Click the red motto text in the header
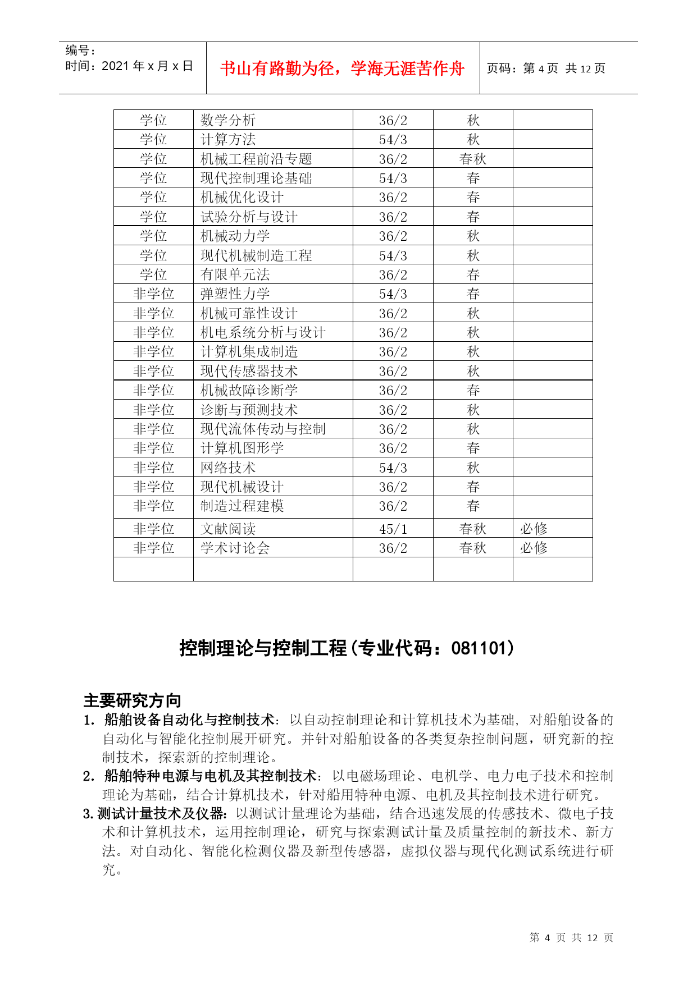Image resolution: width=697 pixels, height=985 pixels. [342, 68]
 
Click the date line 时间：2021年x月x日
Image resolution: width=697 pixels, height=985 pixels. [129, 66]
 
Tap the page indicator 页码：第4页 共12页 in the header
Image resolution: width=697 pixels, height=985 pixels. [545, 68]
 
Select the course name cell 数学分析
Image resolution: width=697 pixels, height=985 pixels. [228, 120]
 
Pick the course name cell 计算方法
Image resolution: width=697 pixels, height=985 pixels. [228, 139]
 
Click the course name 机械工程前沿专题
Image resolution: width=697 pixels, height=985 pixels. [256, 159]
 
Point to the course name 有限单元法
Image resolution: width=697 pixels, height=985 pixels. [235, 274]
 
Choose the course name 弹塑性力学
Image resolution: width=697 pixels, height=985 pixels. [235, 294]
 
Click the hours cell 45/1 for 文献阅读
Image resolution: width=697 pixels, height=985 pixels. [393, 529]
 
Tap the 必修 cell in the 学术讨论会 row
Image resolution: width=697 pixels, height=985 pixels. [534, 548]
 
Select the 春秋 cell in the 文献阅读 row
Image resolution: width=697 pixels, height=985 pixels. [473, 529]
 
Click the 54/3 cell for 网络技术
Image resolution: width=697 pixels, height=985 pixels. [393, 468]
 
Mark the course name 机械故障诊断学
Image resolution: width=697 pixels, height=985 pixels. [249, 390]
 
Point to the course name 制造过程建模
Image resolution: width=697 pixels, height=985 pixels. [242, 506]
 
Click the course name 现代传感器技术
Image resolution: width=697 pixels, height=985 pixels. [249, 371]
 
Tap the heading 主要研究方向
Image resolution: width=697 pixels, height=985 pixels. [133, 700]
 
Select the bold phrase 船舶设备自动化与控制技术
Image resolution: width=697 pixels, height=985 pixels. [189, 720]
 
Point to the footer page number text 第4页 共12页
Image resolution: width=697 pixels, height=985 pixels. [571, 938]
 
